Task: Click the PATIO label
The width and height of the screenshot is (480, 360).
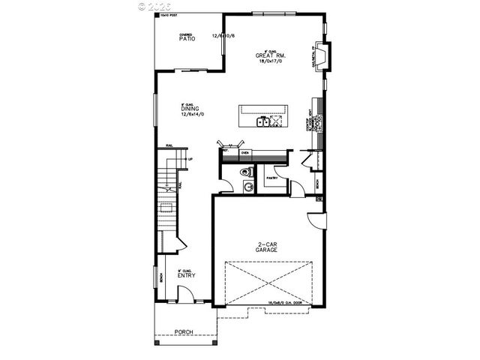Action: [187, 38]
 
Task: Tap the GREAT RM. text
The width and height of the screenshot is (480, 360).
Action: [268, 55]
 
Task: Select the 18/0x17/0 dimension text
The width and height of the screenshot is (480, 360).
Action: [268, 62]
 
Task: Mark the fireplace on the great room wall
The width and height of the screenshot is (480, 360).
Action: [322, 57]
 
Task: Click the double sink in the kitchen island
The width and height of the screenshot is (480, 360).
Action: [263, 120]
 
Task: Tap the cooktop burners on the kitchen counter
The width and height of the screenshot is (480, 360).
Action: [321, 120]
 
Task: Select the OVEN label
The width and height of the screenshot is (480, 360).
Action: [244, 152]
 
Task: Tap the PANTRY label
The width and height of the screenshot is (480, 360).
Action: [271, 178]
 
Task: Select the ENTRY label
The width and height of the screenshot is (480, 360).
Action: [186, 274]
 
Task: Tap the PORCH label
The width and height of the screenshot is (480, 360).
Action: [184, 331]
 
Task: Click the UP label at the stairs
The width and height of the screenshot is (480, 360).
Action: [190, 159]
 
